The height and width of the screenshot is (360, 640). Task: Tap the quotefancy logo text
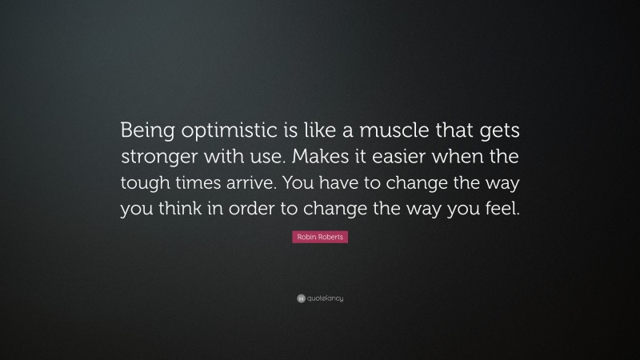[x=325, y=298]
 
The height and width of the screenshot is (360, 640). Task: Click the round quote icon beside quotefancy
[x=301, y=298]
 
